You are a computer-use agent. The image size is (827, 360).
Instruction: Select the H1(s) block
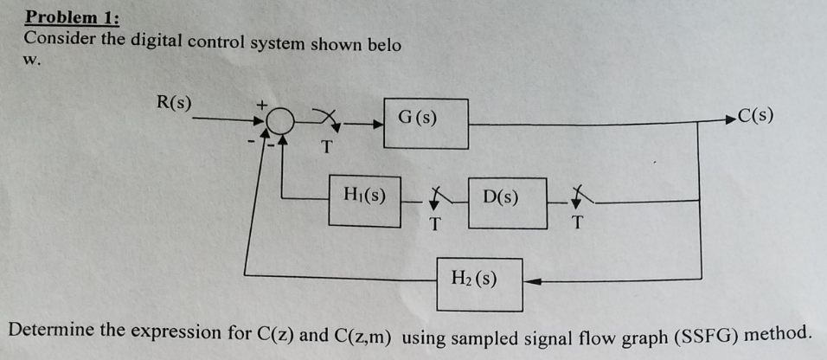tap(364, 201)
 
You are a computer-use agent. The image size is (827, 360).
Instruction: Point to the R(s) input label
tap(174, 103)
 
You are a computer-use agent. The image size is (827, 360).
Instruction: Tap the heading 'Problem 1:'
tap(73, 16)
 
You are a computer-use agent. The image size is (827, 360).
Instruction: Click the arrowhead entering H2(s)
tap(531, 280)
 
